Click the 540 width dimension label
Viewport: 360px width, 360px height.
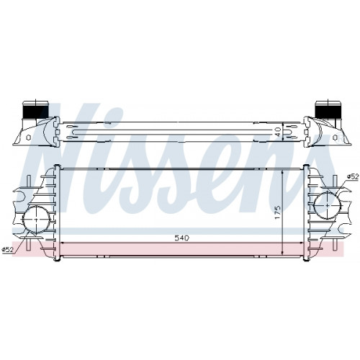[x=182, y=238]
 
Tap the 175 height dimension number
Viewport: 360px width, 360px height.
[x=278, y=212]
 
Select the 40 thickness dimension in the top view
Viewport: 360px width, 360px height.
[x=278, y=132]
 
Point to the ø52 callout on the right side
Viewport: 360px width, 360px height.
[x=353, y=176]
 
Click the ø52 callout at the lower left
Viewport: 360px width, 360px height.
[x=7, y=250]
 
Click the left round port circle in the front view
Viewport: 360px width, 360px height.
[x=37, y=219]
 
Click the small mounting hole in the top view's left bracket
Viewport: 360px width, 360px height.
[x=28, y=138]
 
